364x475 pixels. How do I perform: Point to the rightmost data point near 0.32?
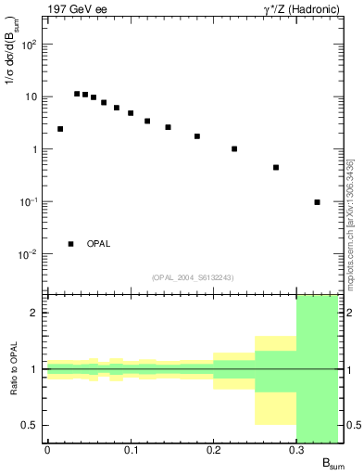click(318, 202)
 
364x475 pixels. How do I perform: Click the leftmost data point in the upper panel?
click(60, 129)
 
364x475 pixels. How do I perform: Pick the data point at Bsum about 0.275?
click(276, 168)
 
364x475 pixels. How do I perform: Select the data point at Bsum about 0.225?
click(234, 148)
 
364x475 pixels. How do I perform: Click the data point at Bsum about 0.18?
click(197, 136)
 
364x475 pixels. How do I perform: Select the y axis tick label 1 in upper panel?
click(34, 149)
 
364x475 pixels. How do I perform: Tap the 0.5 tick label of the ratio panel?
click(30, 426)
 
